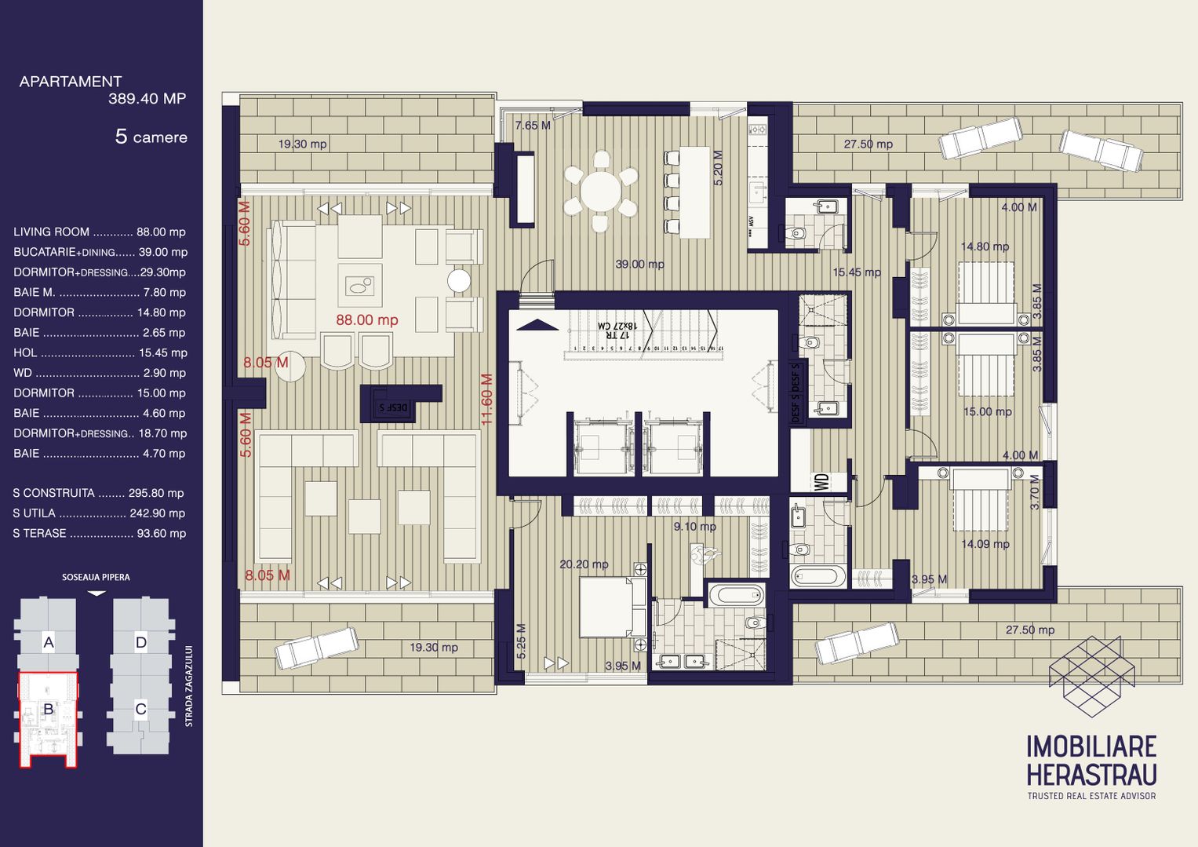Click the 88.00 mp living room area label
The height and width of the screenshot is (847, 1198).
(x=366, y=319)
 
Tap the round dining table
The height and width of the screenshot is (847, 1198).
(x=600, y=191)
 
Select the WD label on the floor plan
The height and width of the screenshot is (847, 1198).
(x=821, y=481)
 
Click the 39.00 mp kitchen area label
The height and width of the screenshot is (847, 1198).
(x=639, y=265)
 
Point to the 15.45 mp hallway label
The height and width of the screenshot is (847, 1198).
(x=856, y=272)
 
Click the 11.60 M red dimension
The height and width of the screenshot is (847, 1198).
(x=486, y=400)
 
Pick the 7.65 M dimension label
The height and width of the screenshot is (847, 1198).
(x=532, y=126)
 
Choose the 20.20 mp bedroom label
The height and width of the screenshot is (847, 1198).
(x=584, y=564)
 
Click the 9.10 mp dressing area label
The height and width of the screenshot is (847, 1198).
(x=694, y=527)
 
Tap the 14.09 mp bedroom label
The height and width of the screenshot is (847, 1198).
(x=985, y=544)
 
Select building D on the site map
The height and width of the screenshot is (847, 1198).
(x=140, y=643)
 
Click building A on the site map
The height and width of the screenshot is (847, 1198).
(x=49, y=643)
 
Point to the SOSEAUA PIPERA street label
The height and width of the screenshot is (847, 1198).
(x=96, y=577)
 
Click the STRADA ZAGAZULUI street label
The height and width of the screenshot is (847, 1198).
(x=188, y=686)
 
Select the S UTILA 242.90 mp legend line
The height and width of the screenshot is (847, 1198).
(x=99, y=513)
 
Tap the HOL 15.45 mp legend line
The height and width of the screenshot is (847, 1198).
(x=100, y=353)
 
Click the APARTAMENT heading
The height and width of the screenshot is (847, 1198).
(x=71, y=82)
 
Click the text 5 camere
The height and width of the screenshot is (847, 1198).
(x=151, y=137)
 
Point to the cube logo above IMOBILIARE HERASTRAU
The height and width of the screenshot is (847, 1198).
(x=1091, y=676)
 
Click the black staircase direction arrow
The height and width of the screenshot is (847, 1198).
(x=537, y=325)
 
